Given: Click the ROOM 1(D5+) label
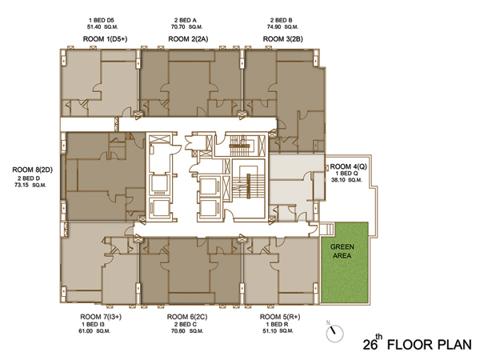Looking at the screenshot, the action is click(105, 39).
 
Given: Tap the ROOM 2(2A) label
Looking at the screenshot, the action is click(188, 39).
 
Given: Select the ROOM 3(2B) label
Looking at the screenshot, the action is click(283, 39).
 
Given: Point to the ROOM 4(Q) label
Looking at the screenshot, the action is click(348, 166).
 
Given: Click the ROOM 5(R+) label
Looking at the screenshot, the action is click(280, 317).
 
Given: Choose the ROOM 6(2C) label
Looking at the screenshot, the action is click(187, 317).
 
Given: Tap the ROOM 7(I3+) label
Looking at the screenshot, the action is click(101, 317).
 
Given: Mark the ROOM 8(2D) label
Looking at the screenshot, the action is click(33, 170).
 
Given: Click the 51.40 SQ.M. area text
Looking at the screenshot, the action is click(102, 27).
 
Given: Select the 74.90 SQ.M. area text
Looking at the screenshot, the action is click(282, 27).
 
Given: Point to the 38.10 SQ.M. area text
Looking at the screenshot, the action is click(346, 180).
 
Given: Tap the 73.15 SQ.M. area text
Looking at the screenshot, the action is click(30, 185).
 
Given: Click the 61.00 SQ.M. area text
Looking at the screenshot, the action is click(94, 331).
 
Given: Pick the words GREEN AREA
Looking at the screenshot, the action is click(342, 251).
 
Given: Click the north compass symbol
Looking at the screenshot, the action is click(334, 333).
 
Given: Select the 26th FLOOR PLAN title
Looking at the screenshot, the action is click(418, 343).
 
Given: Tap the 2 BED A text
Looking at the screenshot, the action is click(186, 20).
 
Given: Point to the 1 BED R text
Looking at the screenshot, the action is click(277, 324).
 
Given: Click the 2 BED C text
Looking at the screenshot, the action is click(186, 324).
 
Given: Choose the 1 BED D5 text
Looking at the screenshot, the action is click(102, 20).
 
